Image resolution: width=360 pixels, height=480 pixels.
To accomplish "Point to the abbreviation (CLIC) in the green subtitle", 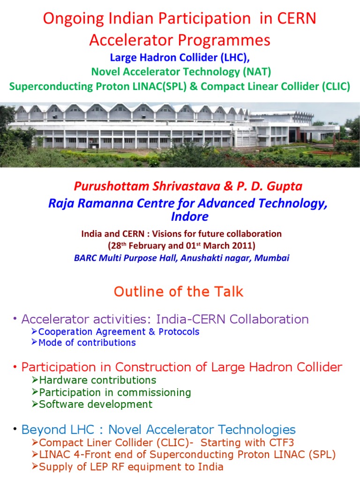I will (333, 87).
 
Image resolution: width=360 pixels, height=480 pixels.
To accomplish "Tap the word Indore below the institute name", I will (180, 217).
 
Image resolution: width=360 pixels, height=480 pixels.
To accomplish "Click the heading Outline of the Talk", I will (179, 292).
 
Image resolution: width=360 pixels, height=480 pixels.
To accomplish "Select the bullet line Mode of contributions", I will (87, 343).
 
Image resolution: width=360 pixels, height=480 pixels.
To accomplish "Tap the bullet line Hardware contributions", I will (97, 380).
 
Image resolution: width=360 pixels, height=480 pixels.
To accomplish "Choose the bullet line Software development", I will (96, 404).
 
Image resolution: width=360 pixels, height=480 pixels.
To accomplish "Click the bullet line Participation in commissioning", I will (115, 392).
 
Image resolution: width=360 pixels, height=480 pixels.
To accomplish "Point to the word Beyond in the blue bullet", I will (41, 429).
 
